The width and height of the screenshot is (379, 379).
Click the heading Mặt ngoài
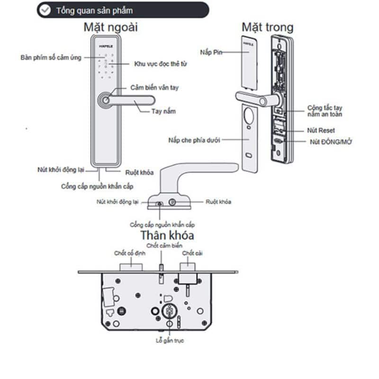pyautogui.click(x=111, y=27)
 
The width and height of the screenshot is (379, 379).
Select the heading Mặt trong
pyautogui.click(x=267, y=27)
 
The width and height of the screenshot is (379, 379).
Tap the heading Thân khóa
pyautogui.click(x=167, y=235)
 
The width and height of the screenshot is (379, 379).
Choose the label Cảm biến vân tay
pyautogui.click(x=154, y=88)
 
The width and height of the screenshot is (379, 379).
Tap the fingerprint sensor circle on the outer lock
pyautogui.click(x=104, y=100)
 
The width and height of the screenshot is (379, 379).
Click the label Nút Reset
pyautogui.click(x=321, y=130)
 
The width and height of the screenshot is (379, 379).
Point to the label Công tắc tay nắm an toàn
pyautogui.click(x=325, y=111)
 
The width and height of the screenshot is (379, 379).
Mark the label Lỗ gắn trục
pyautogui.click(x=170, y=341)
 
